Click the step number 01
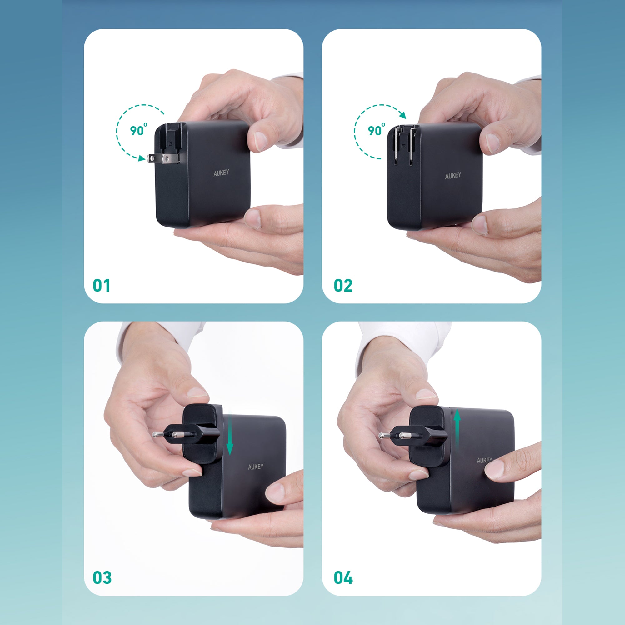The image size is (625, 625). [101, 286]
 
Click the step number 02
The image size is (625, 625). [343, 286]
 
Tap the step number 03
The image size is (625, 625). [102, 577]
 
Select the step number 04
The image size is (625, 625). [343, 577]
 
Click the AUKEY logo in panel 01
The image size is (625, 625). [221, 173]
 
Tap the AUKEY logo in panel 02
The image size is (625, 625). [453, 176]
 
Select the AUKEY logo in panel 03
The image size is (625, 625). [256, 467]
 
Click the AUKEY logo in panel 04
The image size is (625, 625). [484, 460]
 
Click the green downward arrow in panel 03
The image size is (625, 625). [230, 434]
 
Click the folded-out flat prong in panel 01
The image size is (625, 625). [163, 158]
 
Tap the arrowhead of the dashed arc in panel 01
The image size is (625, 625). [141, 158]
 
